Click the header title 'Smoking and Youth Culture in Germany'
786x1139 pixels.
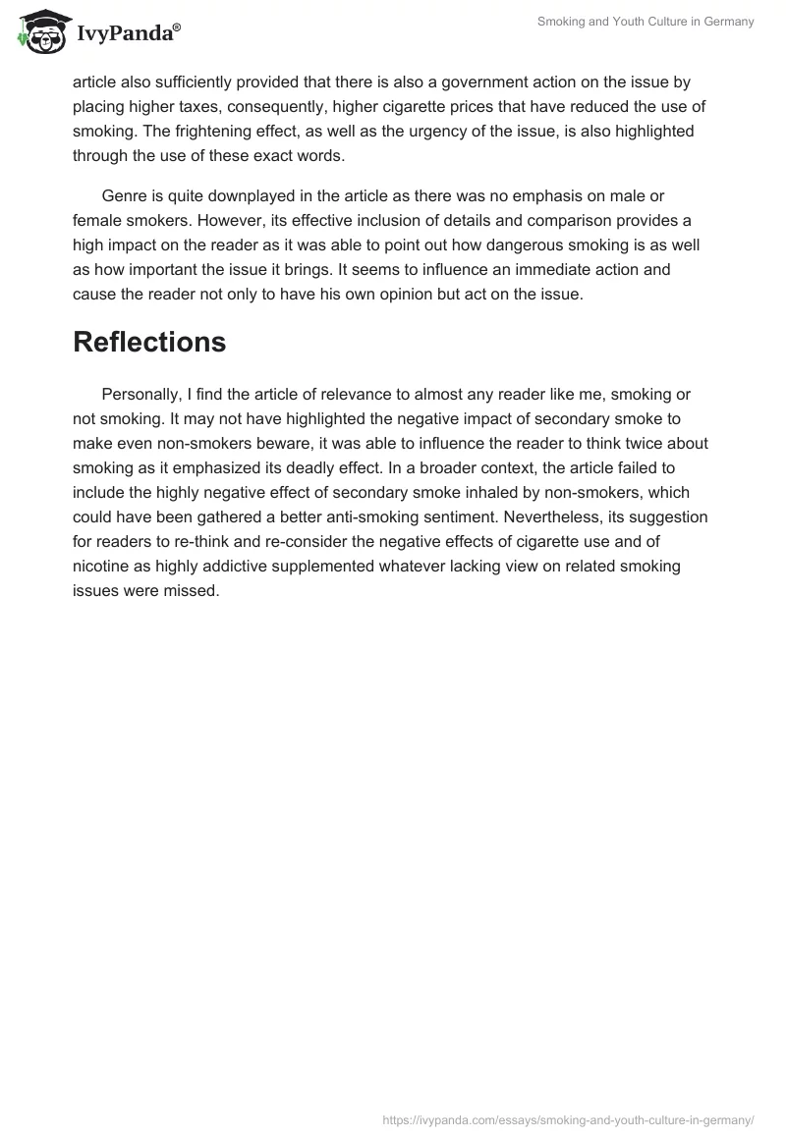pyautogui.click(x=646, y=22)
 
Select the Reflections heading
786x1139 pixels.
pyautogui.click(x=149, y=342)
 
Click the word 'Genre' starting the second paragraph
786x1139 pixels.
pyautogui.click(x=125, y=197)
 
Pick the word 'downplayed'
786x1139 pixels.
pyautogui.click(x=242, y=197)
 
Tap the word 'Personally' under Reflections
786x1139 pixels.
pyautogui.click(x=143, y=395)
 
